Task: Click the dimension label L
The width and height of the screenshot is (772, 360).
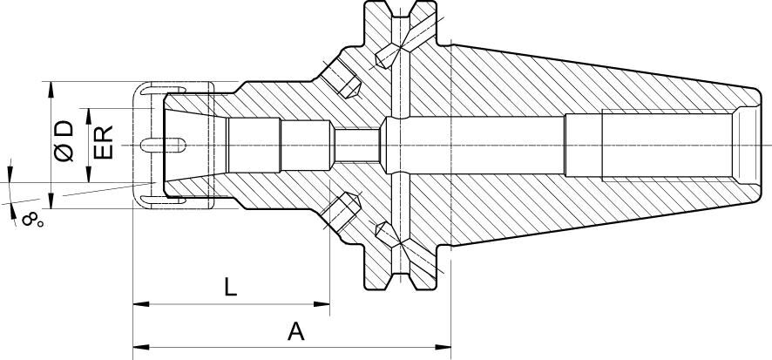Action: coord(230,288)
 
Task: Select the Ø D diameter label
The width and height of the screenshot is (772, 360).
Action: coord(64,142)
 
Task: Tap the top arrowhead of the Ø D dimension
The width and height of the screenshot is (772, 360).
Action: coord(51,88)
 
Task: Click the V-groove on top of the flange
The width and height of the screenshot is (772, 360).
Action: coord(400,17)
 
